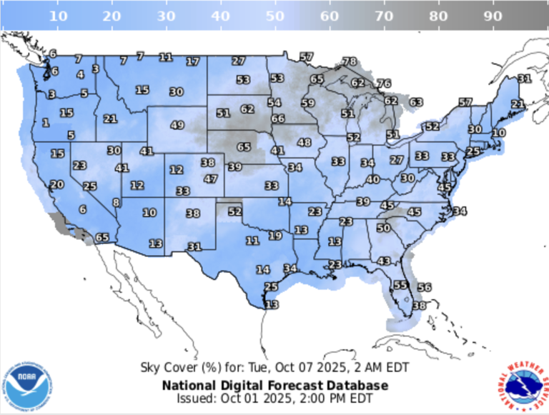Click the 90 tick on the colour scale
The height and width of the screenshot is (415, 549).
coord(492,15)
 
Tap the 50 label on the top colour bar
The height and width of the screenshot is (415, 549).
coord(274,15)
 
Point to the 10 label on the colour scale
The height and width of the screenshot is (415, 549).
coord(58,15)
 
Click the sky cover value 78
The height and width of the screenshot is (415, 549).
coord(350,61)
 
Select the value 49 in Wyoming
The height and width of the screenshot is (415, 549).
coord(177,125)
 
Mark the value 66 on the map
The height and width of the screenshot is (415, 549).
coord(277,119)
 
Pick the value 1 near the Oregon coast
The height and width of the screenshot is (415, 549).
coord(46,123)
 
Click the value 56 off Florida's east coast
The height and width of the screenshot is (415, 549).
coord(424,287)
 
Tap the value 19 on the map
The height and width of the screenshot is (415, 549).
coord(275,236)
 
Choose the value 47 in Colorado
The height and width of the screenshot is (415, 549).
coord(210,179)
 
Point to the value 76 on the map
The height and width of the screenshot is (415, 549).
coord(384,84)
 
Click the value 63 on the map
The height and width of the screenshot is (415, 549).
coord(416,103)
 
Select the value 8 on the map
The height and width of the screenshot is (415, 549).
coord(117,203)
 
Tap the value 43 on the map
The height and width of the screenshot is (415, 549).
coord(384,261)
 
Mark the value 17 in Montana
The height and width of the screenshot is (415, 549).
coord(193,62)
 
